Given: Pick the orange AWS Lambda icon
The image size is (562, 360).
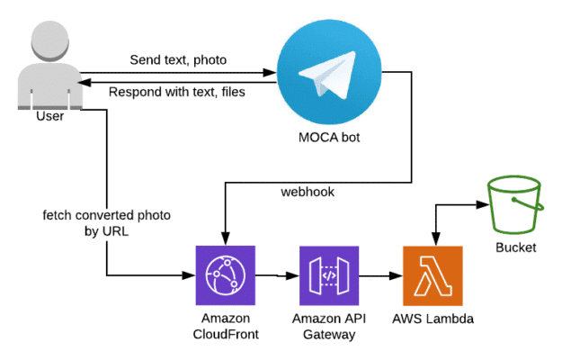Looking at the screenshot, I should click(x=432, y=275).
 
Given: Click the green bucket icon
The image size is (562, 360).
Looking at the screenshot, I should click(x=513, y=205).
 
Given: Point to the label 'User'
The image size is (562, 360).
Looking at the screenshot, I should click(x=50, y=116).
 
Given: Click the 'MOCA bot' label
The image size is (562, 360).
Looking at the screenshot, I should click(x=329, y=137).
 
